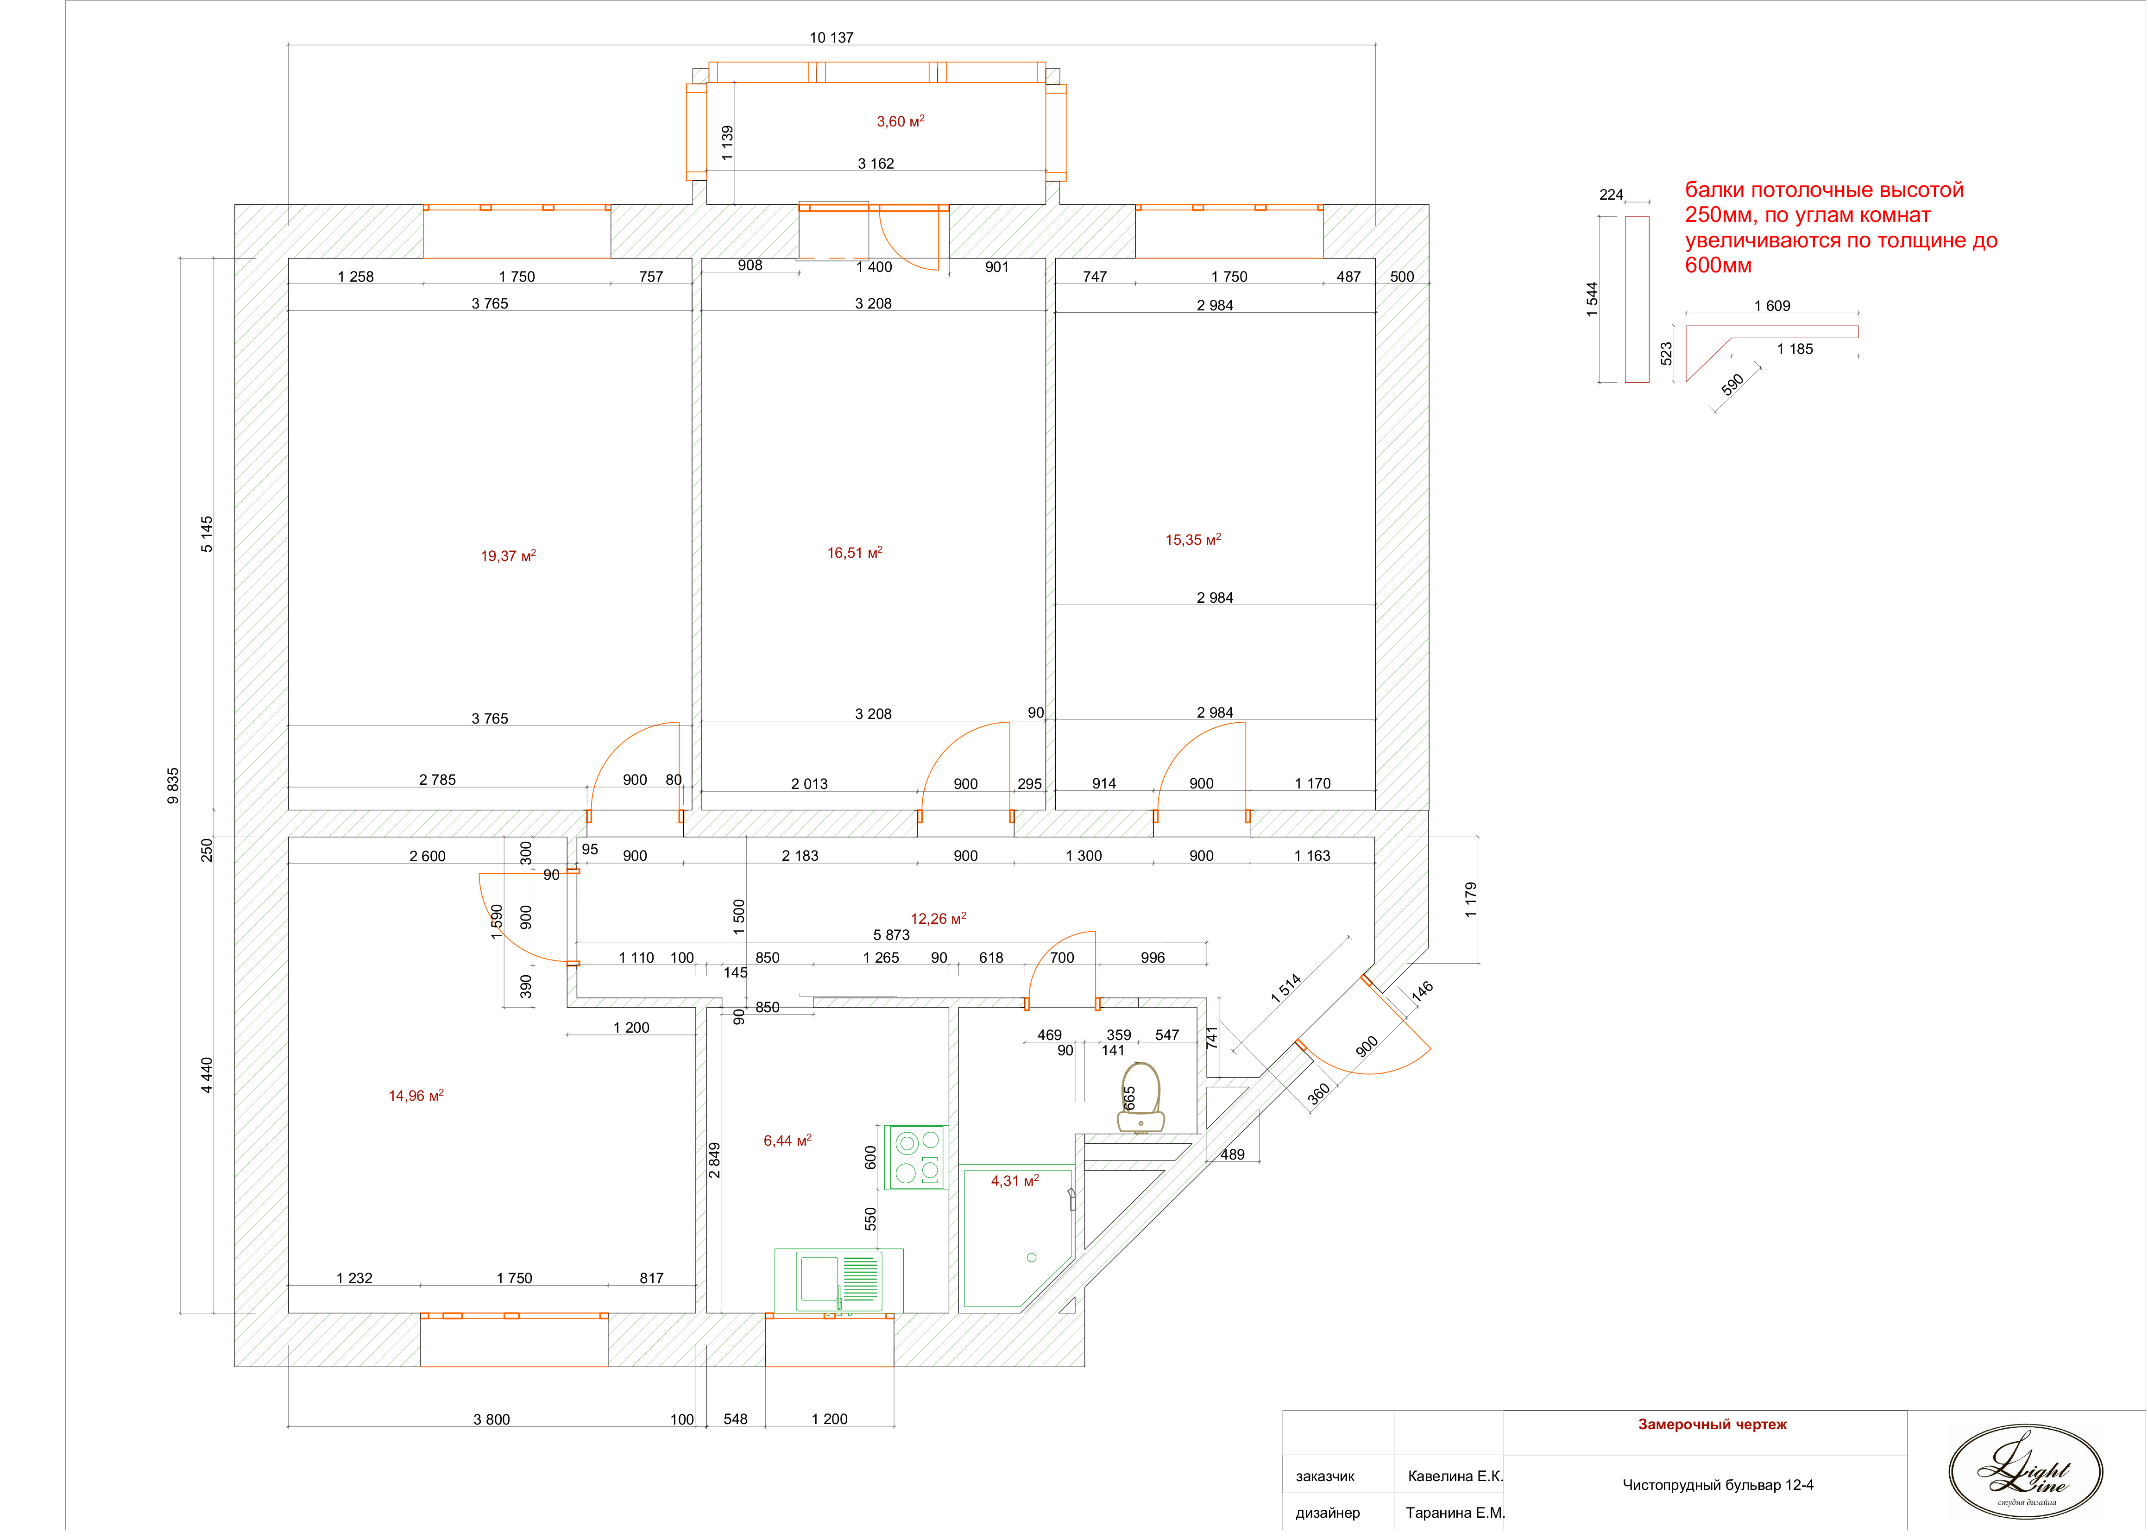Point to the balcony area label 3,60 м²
[x=900, y=121]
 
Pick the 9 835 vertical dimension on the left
[x=172, y=786]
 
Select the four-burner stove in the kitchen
[x=916, y=1157]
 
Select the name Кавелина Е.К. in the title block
[x=1455, y=1476]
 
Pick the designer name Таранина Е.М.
[x=1455, y=1513]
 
